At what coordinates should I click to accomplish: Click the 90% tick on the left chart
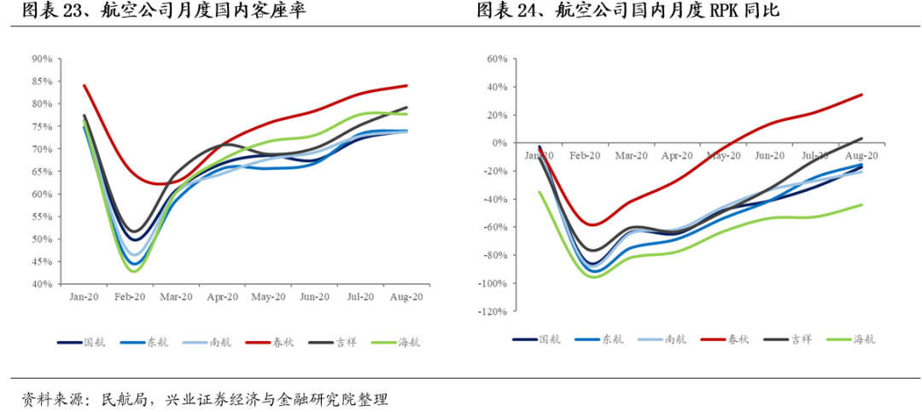click(x=41, y=59)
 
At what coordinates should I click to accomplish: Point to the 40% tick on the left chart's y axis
click(x=41, y=284)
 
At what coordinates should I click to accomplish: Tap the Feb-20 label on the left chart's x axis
click(x=130, y=297)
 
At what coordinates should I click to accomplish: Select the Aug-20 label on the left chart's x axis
click(x=406, y=297)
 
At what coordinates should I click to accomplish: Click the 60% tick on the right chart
click(x=498, y=59)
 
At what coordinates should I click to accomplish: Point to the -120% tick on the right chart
click(x=493, y=312)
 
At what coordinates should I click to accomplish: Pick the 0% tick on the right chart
click(x=500, y=143)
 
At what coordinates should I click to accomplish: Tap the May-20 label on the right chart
click(x=723, y=156)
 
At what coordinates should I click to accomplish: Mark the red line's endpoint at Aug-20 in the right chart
click(x=861, y=95)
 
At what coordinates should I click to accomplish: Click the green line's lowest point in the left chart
click(x=135, y=271)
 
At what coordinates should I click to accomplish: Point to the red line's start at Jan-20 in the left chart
click(x=84, y=85)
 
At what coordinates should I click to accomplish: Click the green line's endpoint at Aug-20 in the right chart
click(x=861, y=205)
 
